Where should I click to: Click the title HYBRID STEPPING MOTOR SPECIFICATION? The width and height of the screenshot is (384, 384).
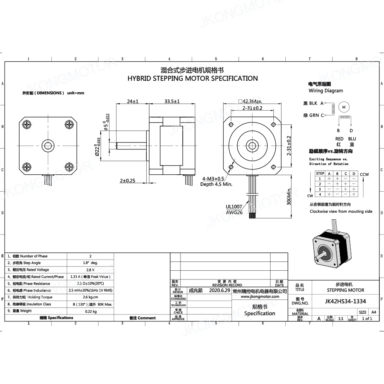click(192, 78)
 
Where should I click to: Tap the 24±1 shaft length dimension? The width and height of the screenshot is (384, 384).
click(133, 101)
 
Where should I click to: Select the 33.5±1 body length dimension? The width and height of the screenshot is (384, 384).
click(172, 101)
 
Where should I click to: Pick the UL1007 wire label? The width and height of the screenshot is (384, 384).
click(234, 206)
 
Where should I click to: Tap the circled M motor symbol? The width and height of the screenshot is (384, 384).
click(344, 106)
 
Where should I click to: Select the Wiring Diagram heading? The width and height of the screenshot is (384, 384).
click(326, 91)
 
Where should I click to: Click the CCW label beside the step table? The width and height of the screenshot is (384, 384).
click(364, 174)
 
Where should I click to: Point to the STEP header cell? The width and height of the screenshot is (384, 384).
click(320, 174)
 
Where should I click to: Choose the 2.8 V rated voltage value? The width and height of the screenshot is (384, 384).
click(90, 270)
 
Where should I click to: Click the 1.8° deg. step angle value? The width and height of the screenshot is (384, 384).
click(90, 263)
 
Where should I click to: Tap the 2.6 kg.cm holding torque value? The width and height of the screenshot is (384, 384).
click(90, 297)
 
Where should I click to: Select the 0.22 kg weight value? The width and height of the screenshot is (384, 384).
click(90, 311)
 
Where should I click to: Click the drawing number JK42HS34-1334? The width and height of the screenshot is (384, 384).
click(345, 301)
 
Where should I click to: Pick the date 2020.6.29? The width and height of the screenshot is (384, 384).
click(220, 291)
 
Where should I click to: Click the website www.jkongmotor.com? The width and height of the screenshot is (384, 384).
click(260, 297)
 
